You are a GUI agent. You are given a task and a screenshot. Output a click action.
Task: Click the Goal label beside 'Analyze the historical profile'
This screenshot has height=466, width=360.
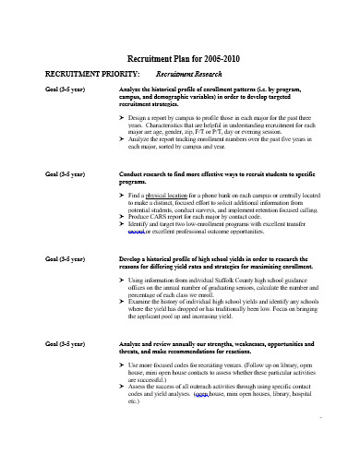click(51, 89)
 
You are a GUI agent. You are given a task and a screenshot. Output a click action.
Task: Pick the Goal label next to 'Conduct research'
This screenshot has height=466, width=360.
click(51, 174)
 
